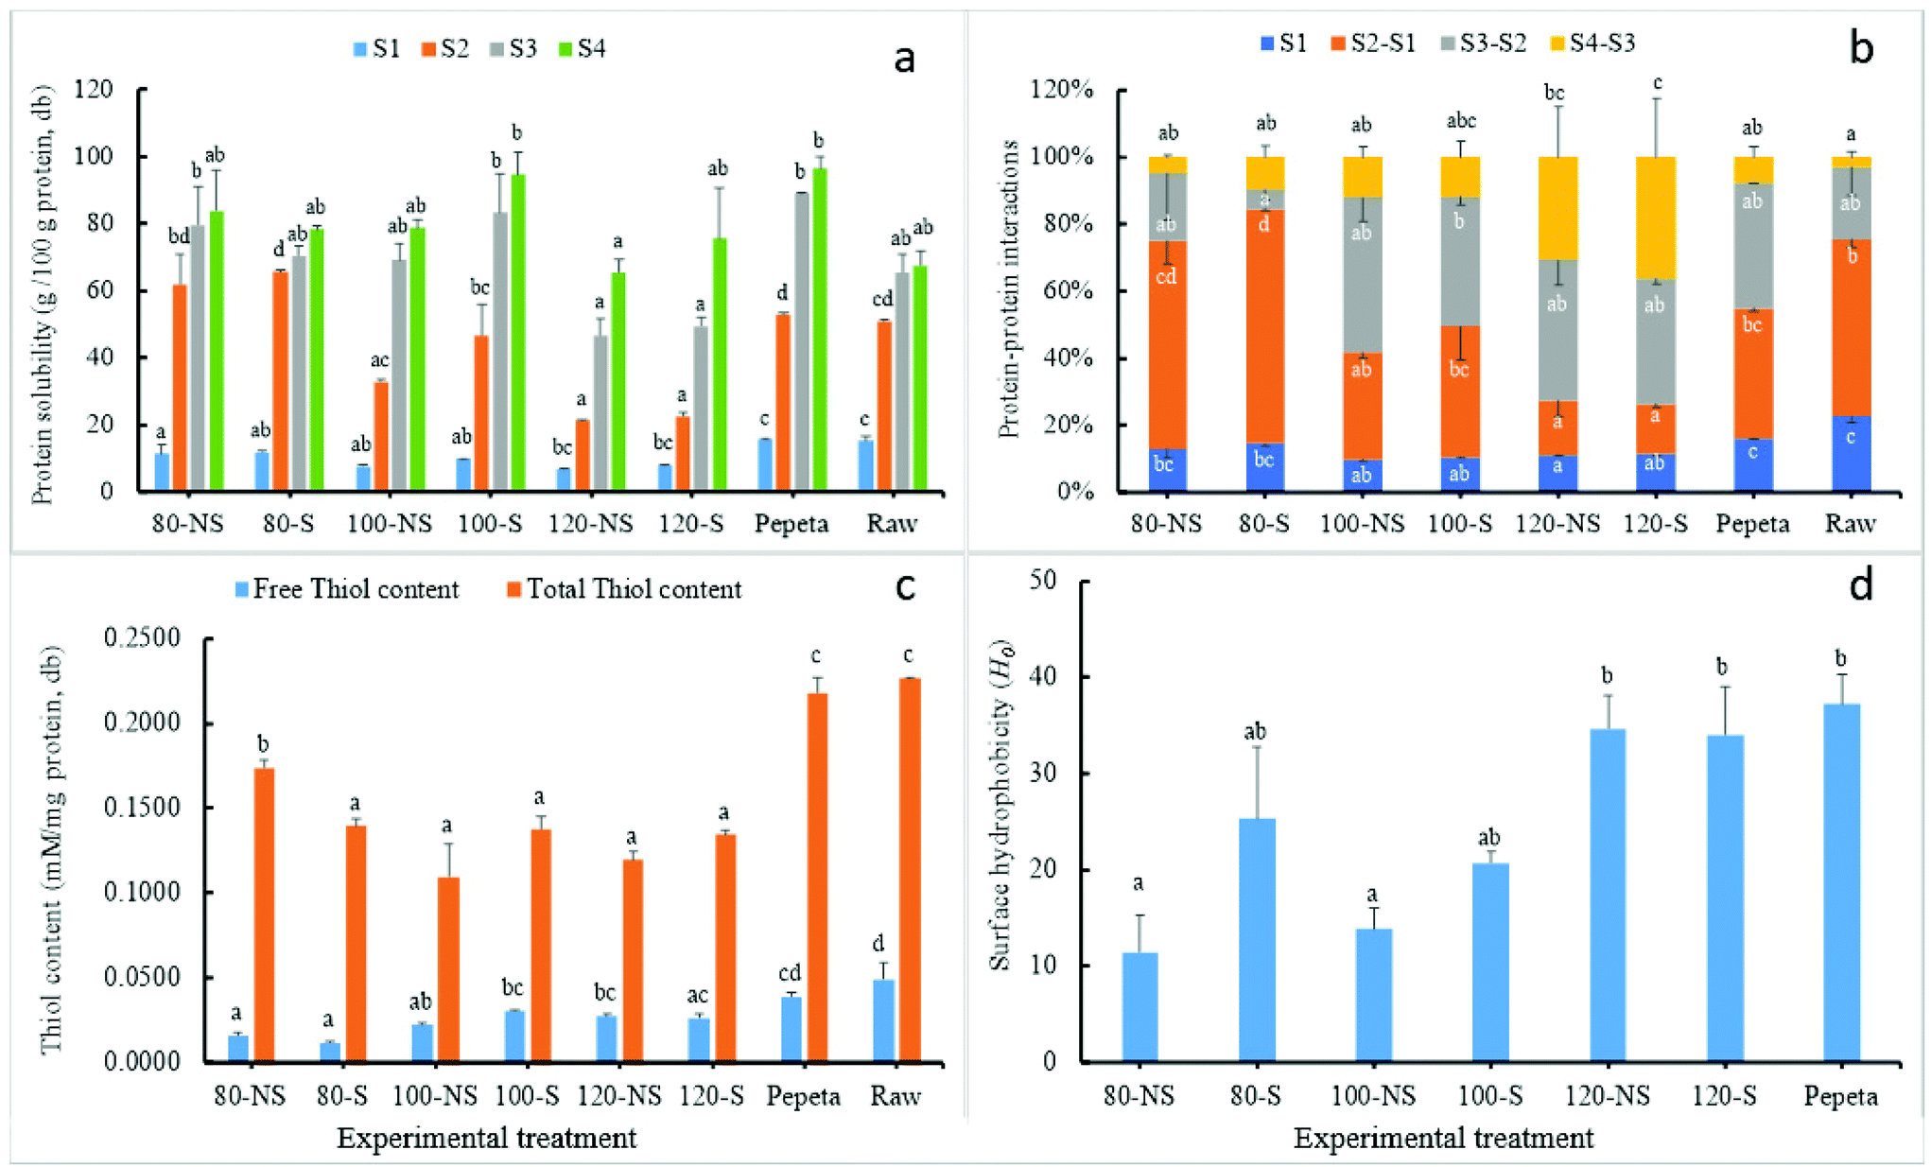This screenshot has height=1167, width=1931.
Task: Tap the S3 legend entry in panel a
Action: click(513, 48)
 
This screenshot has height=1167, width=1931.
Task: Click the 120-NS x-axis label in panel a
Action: click(590, 523)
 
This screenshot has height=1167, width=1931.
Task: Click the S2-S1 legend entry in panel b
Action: click(1372, 43)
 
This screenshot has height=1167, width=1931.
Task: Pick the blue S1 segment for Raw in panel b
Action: click(1851, 454)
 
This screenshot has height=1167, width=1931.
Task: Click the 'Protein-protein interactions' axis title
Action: click(1009, 288)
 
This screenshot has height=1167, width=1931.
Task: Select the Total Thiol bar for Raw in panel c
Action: click(909, 870)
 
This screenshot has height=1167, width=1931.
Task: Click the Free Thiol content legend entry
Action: click(346, 589)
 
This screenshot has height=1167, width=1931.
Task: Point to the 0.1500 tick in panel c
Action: click(142, 808)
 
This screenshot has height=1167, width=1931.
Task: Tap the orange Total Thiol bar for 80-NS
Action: click(263, 914)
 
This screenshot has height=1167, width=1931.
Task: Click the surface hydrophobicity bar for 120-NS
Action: click(1607, 895)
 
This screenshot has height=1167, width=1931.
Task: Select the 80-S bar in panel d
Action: click(1256, 940)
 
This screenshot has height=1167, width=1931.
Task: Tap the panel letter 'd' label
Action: click(1859, 586)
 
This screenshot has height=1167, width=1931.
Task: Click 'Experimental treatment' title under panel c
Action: click(486, 1138)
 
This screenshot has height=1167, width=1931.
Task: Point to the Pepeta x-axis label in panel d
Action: click(1839, 1096)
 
